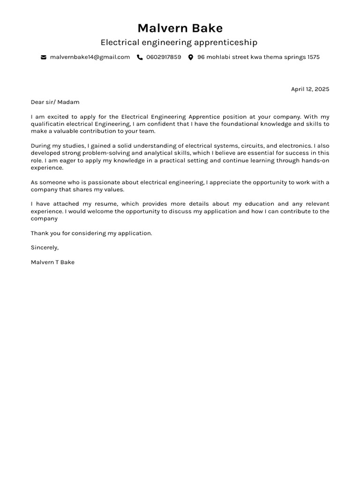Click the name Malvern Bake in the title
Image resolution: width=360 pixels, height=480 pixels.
(180, 28)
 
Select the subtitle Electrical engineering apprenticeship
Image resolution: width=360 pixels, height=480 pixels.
(179, 43)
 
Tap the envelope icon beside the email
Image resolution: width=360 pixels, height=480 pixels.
(44, 57)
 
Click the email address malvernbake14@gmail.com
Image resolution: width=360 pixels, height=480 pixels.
(90, 57)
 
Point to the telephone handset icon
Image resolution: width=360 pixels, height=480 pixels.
(140, 57)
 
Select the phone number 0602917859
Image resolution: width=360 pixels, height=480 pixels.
(164, 57)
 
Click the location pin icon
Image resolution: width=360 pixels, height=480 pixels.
(191, 57)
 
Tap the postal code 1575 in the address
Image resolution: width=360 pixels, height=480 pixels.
(314, 57)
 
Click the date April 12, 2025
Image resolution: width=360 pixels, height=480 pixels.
(310, 89)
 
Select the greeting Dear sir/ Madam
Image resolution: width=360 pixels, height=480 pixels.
(55, 102)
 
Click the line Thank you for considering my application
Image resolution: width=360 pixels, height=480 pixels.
(91, 233)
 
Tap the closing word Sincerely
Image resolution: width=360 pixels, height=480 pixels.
(45, 247)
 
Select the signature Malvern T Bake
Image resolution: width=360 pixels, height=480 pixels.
(52, 262)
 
